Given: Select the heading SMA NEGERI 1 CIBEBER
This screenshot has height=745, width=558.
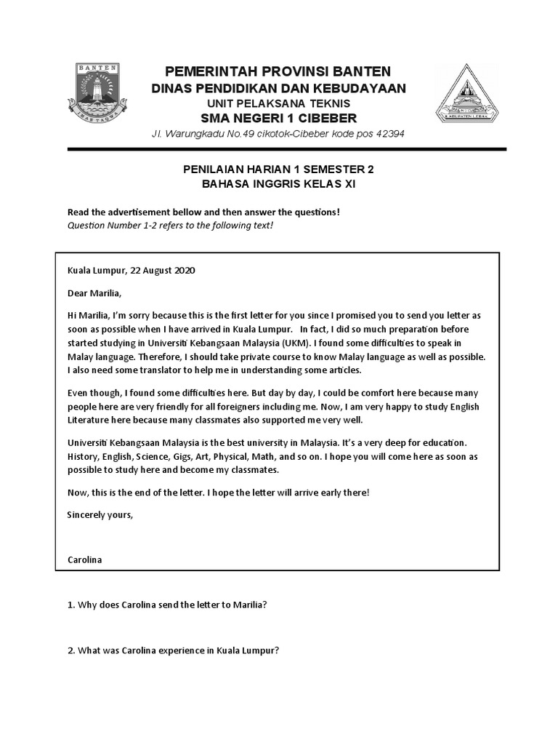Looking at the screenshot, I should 279,119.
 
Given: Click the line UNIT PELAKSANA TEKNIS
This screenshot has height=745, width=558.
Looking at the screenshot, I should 279,103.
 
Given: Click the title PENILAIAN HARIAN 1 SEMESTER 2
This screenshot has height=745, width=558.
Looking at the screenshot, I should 279,170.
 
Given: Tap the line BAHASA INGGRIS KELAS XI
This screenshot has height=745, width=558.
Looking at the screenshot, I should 279,185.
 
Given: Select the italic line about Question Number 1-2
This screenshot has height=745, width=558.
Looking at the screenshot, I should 171,226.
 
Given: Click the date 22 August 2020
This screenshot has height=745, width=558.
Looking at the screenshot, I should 163,270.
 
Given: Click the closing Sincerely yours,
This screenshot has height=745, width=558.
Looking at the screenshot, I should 100,514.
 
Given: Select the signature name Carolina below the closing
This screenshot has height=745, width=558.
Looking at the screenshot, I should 84,560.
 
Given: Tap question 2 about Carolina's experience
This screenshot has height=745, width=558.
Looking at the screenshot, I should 173,650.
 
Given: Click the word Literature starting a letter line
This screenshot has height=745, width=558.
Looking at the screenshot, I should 87,420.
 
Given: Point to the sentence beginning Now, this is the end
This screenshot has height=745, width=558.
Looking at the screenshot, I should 218,492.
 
